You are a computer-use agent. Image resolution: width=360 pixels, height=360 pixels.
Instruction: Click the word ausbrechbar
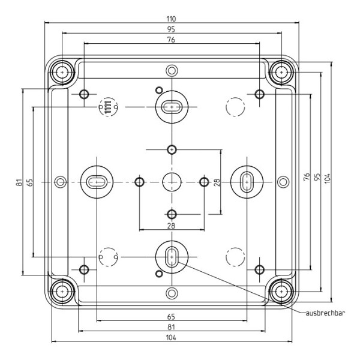click(x=325, y=312)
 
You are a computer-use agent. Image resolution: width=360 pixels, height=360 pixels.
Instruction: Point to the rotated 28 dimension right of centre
click(x=217, y=181)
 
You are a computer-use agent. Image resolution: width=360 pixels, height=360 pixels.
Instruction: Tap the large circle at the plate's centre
click(x=172, y=181)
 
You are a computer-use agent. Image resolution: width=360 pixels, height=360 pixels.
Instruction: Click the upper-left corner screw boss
click(x=62, y=72)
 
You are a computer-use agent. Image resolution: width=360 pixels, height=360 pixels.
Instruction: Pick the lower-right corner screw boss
click(x=281, y=291)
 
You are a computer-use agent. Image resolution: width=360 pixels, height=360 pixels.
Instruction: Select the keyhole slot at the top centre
click(x=172, y=107)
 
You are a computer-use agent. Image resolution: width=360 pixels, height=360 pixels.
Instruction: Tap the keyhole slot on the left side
click(x=96, y=181)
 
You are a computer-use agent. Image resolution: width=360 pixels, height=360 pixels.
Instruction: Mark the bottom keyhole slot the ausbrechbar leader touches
click(x=172, y=256)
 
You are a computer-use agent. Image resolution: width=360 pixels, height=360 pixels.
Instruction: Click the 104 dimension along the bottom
click(x=171, y=338)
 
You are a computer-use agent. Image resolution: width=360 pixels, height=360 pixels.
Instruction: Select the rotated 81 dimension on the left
click(x=19, y=182)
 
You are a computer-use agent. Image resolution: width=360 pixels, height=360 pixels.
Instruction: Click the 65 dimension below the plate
click(x=171, y=316)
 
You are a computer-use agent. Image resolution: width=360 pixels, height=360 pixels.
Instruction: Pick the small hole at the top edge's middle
click(x=172, y=69)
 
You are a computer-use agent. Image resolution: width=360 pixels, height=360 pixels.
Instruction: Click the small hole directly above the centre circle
click(x=172, y=149)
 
